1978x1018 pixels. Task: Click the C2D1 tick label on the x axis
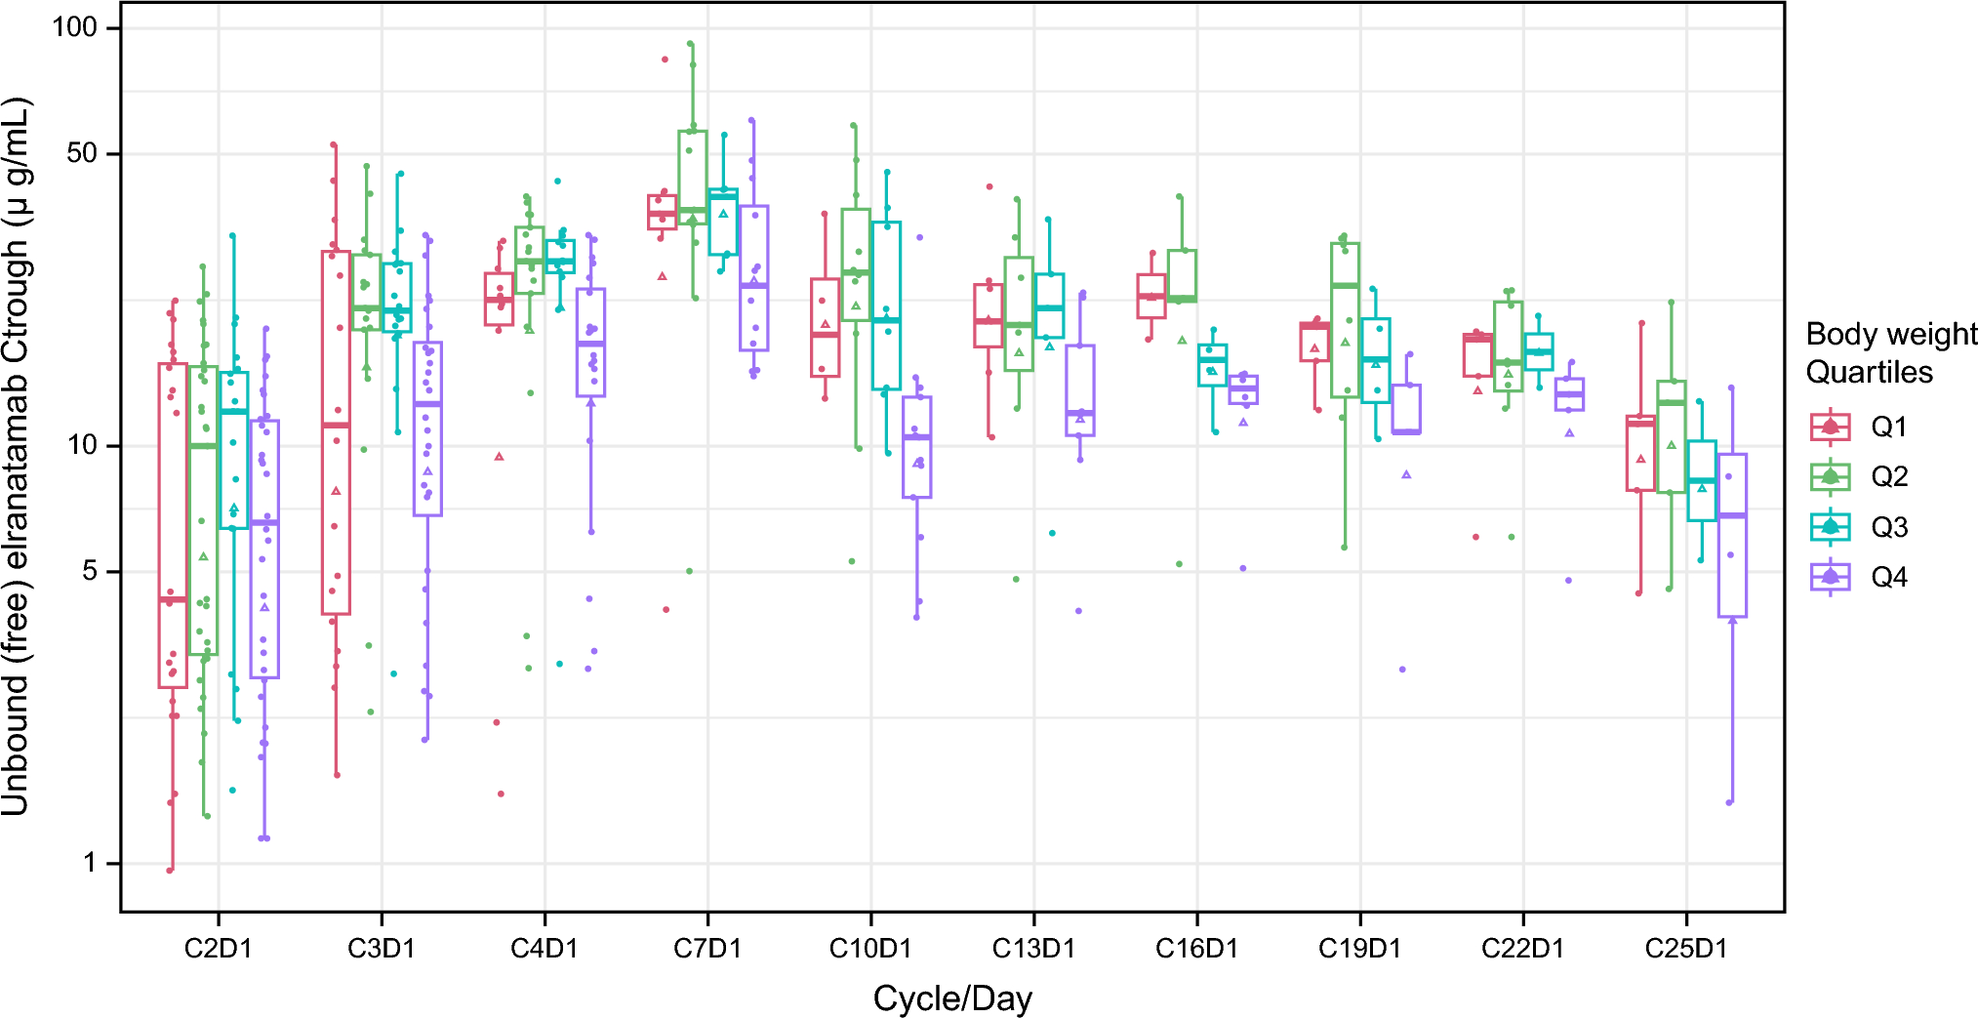pyautogui.click(x=218, y=949)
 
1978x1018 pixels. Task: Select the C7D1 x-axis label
pyautogui.click(x=707, y=949)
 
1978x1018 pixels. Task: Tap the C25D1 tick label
pyautogui.click(x=1686, y=949)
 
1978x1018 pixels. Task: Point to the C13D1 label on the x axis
pyautogui.click(x=1033, y=949)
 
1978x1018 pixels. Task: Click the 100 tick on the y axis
pyautogui.click(x=74, y=27)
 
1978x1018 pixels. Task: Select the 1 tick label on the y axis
pyautogui.click(x=90, y=863)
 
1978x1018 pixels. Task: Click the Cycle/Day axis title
pyautogui.click(x=951, y=998)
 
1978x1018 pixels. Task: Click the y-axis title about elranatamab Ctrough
pyautogui.click(x=18, y=457)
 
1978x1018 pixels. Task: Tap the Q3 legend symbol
pyautogui.click(x=1830, y=527)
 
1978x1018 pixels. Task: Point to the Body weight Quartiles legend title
pyautogui.click(x=1889, y=352)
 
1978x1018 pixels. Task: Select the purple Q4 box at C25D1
pyautogui.click(x=1732, y=535)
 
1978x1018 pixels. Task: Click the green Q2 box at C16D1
pyautogui.click(x=1182, y=275)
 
